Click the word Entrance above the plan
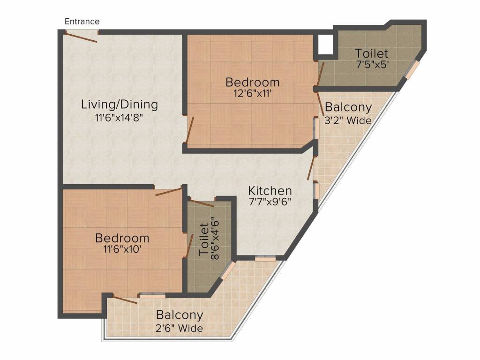pyautogui.click(x=82, y=22)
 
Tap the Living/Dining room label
pyautogui.click(x=120, y=104)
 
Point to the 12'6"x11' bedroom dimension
pyautogui.click(x=253, y=93)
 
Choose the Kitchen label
pyautogui.click(x=270, y=191)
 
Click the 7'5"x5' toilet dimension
pyautogui.click(x=372, y=65)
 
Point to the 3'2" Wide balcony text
pyautogui.click(x=348, y=120)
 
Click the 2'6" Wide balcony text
pyautogui.click(x=180, y=328)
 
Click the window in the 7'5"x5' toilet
pyautogui.click(x=412, y=70)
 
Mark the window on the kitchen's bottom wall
pyautogui.click(x=265, y=257)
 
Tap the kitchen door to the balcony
pyautogui.click(x=311, y=168)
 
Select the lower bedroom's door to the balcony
pyautogui.click(x=125, y=300)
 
